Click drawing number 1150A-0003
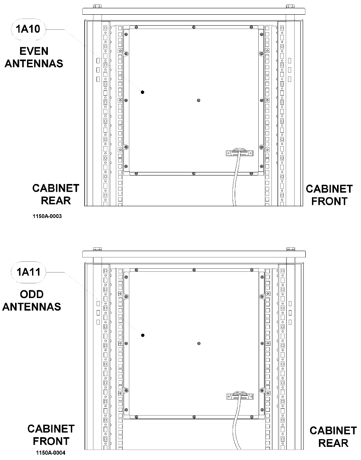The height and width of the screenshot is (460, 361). tap(47, 217)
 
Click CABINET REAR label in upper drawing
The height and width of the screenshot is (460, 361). tap(56, 194)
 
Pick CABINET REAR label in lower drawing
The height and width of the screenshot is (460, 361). tap(333, 436)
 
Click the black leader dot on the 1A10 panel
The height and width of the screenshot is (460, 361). tap(142, 92)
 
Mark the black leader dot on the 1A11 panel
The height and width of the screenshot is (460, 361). tap(142, 335)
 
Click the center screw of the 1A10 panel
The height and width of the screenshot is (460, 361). tap(198, 100)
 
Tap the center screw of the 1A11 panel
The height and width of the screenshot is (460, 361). tap(198, 343)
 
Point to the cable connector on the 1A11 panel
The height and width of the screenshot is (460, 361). tap(239, 396)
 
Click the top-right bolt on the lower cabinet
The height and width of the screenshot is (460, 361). tap(290, 249)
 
